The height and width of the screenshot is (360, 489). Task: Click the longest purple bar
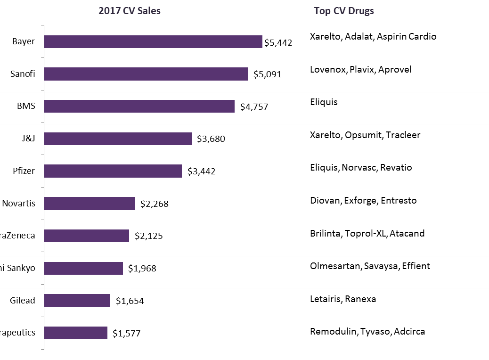point(153,41)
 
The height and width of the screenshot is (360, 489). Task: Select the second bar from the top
point(146,74)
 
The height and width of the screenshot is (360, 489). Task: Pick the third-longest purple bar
point(139,106)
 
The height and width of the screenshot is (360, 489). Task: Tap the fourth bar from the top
point(118,139)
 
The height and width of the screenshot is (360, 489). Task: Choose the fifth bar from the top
point(113,171)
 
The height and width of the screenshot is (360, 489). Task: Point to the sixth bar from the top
point(90,204)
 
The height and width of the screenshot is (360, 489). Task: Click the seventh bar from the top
point(86,236)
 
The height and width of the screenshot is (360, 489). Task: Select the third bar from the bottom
point(83,268)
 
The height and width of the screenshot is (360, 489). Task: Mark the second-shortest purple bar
point(77,301)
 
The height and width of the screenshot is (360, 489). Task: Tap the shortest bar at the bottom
point(75,333)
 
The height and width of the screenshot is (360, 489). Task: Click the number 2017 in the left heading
point(108,11)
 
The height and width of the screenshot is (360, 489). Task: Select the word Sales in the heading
point(149,11)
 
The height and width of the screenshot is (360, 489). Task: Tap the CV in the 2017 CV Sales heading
point(129,11)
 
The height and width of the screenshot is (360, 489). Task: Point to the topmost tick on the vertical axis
point(42,25)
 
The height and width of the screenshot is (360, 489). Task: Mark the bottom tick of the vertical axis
point(42,349)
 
